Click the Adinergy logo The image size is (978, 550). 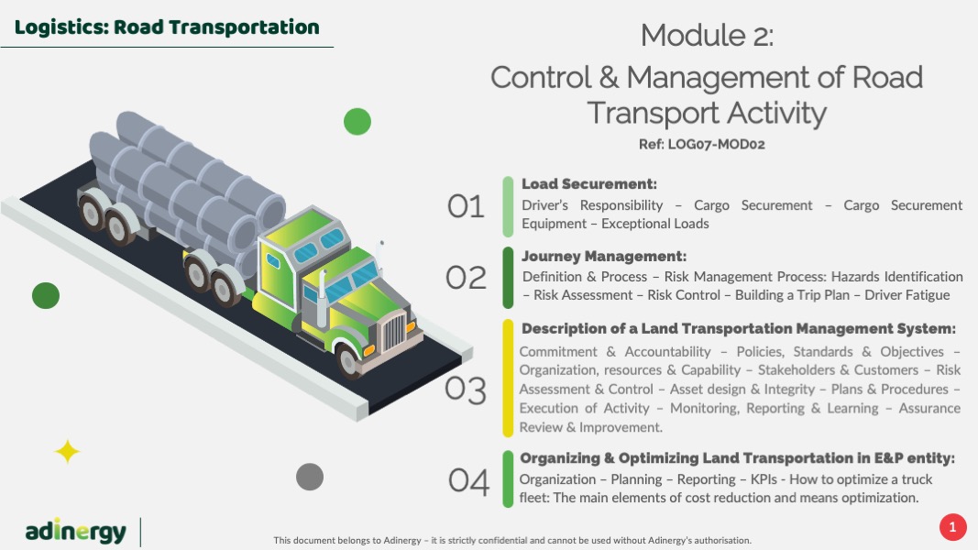click(75, 532)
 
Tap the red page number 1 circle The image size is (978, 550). click(952, 528)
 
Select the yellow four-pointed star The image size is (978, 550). click(67, 452)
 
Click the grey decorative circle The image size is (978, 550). click(310, 477)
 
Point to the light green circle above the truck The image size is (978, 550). click(357, 122)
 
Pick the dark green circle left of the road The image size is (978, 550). click(46, 295)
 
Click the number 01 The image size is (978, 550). click(466, 206)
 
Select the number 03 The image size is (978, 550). click(466, 390)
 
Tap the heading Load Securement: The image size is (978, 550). click(589, 184)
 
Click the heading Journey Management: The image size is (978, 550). click(604, 257)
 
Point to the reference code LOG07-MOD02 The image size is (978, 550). click(716, 144)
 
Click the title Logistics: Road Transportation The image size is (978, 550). click(167, 27)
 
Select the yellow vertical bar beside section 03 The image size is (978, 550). click(508, 378)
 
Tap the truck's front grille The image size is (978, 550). click(393, 331)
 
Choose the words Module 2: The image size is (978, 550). click(708, 35)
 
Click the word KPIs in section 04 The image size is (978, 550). click(764, 479)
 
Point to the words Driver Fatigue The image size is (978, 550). click(907, 295)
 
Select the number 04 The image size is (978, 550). click(468, 481)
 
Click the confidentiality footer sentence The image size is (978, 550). click(512, 541)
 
